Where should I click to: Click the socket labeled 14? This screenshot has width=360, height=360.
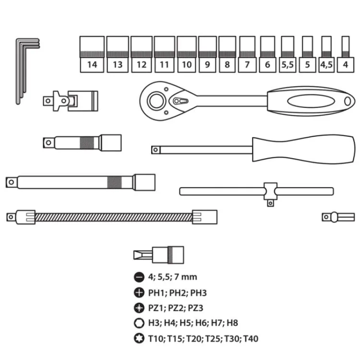pos(92,54)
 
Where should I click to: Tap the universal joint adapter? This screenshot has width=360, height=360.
pos(71,100)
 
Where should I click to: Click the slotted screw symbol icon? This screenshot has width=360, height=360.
pos(140,277)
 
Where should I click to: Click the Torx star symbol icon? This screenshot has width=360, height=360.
pos(140,338)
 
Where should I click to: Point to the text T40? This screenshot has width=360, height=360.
pos(250,339)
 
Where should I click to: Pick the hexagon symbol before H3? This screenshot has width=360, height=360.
pos(140,323)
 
